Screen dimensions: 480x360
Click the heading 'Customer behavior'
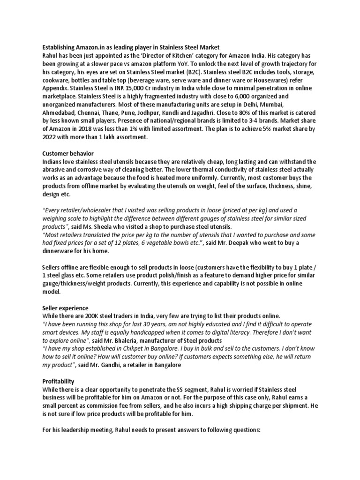(x=68, y=153)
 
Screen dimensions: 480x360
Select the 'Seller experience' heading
(x=65, y=308)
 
